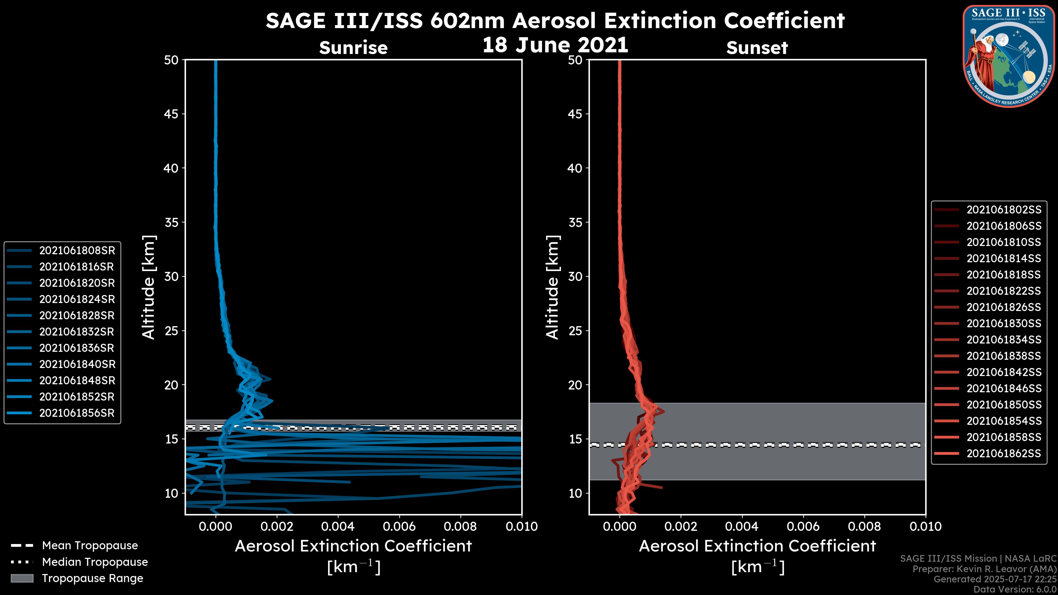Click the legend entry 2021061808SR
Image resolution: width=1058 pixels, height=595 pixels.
click(77, 250)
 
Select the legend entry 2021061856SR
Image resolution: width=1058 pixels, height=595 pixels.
click(77, 413)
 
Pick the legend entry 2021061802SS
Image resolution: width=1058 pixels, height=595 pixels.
click(1003, 210)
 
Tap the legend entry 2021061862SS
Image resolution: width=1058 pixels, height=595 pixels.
click(1003, 453)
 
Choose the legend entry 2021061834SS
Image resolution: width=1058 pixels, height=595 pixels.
click(1003, 340)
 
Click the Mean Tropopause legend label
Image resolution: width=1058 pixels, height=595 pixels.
click(90, 546)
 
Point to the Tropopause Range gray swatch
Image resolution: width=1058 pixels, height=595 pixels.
click(22, 578)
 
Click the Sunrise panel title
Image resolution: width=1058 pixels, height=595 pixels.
click(353, 48)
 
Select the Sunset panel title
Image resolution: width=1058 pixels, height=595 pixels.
click(757, 48)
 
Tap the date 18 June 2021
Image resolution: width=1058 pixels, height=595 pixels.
click(555, 45)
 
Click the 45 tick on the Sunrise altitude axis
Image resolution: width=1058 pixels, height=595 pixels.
click(171, 114)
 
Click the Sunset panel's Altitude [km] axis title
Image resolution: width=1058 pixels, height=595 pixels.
click(552, 287)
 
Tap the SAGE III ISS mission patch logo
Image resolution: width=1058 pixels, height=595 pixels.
click(1008, 56)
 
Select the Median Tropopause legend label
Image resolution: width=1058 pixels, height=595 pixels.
click(95, 562)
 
